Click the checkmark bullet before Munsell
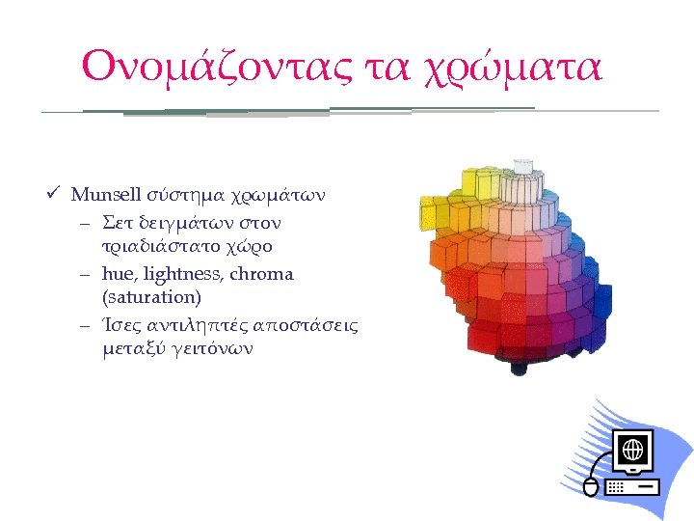click(x=60, y=194)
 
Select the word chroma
click(x=262, y=274)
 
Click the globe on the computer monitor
click(x=633, y=450)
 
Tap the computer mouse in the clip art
click(x=591, y=487)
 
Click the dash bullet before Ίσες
click(x=86, y=324)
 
